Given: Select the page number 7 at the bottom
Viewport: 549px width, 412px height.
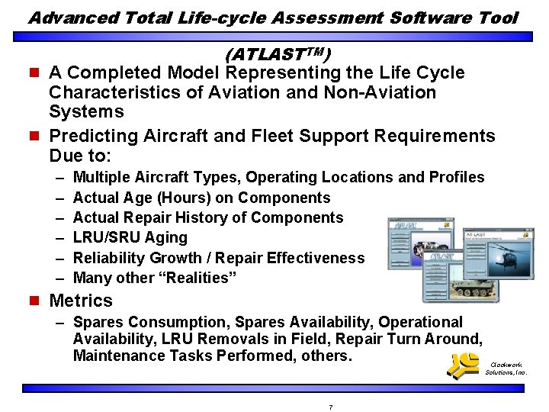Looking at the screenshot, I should point(330,407).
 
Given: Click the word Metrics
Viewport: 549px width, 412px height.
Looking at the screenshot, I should point(80,301).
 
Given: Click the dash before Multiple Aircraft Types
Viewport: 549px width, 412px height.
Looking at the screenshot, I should point(59,177).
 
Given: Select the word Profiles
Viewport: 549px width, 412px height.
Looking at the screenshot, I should point(456,177).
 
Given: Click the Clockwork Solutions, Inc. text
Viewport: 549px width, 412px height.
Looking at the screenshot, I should point(506,369).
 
